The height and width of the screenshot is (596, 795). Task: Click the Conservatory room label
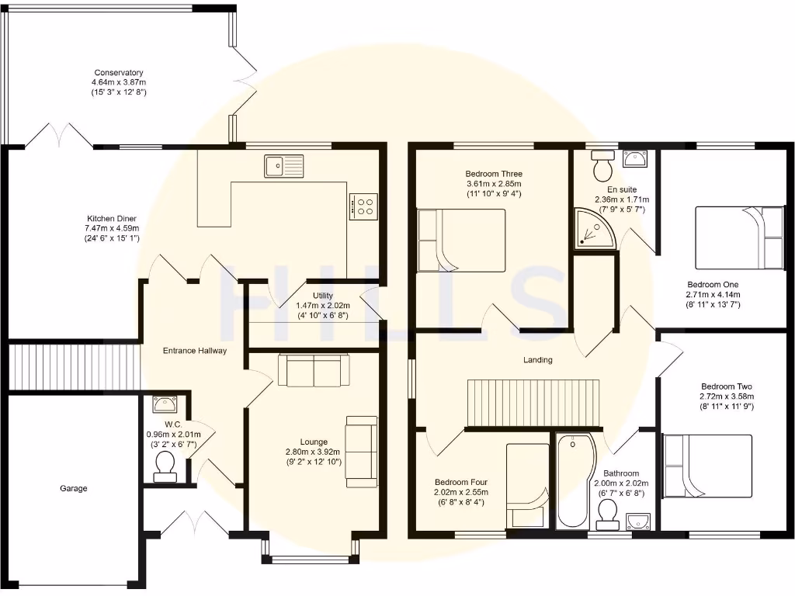pyautogui.click(x=119, y=73)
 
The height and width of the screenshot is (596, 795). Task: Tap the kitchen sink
pyautogui.click(x=283, y=165)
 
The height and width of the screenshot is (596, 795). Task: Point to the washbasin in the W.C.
pyautogui.click(x=165, y=404)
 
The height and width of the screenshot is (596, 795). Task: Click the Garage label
pyautogui.click(x=74, y=488)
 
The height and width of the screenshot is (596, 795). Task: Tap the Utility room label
pyautogui.click(x=323, y=296)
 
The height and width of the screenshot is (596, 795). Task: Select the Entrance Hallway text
pyautogui.click(x=194, y=351)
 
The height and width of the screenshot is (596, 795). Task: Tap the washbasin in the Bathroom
pyautogui.click(x=639, y=521)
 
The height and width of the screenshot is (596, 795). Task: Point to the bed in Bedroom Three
pyautogui.click(x=461, y=240)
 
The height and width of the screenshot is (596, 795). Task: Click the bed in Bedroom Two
pyautogui.click(x=708, y=466)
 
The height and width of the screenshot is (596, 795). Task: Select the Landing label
pyautogui.click(x=537, y=359)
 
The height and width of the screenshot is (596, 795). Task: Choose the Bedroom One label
pyautogui.click(x=712, y=284)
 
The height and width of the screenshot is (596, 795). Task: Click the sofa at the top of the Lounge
pyautogui.click(x=314, y=370)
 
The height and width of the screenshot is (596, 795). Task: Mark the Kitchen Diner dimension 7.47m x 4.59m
pyautogui.click(x=112, y=228)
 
